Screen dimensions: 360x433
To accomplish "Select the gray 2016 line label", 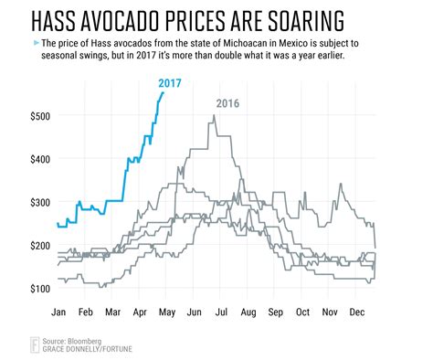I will pos(227,103).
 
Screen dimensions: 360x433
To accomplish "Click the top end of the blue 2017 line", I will pos(163,92).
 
